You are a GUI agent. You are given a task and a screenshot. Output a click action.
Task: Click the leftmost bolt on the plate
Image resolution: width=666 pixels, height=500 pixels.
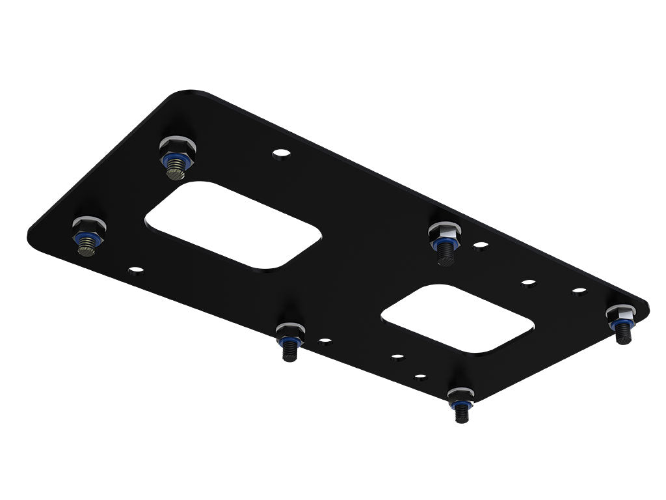pyautogui.click(x=88, y=236)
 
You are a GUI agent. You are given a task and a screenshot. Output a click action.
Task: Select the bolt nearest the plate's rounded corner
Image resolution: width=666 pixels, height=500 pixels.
pyautogui.click(x=176, y=156)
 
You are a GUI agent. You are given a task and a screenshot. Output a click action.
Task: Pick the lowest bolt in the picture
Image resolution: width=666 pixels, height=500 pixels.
pyautogui.click(x=460, y=404)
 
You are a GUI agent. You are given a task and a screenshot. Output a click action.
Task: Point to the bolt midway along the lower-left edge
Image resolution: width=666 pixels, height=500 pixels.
pyautogui.click(x=289, y=340)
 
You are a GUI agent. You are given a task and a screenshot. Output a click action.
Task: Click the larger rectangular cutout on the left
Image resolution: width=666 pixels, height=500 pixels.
pyautogui.click(x=232, y=225)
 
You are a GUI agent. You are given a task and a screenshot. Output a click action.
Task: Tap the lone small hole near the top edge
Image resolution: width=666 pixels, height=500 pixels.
pyautogui.click(x=281, y=154)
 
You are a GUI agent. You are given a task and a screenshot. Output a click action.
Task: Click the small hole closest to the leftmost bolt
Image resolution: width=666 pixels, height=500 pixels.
pyautogui.click(x=135, y=268)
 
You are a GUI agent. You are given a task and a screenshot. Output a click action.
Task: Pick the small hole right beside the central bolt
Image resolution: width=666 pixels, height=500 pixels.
pyautogui.click(x=481, y=246)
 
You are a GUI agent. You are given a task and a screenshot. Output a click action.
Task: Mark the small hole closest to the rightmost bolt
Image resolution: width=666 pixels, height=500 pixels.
pyautogui.click(x=579, y=291)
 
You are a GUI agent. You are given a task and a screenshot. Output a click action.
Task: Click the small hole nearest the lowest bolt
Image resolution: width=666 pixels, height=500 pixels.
pyautogui.click(x=420, y=376)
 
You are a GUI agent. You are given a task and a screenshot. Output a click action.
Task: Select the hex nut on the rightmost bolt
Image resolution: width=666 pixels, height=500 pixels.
pyautogui.click(x=621, y=314)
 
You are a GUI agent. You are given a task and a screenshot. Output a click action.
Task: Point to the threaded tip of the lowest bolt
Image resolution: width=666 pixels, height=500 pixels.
pyautogui.click(x=462, y=415)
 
